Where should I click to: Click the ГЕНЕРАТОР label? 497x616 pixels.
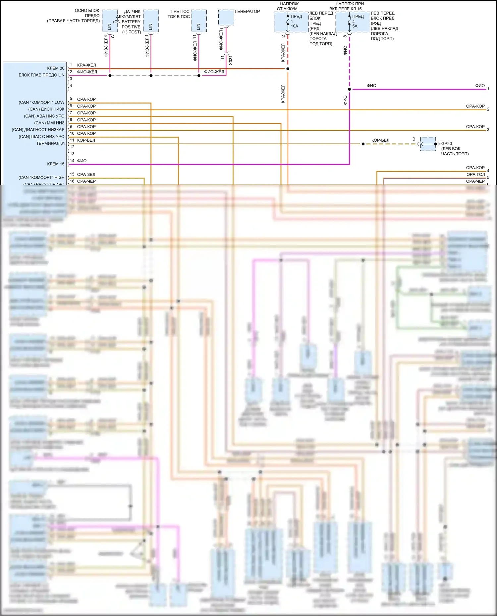click(247, 12)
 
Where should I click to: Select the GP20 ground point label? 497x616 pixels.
click(446, 144)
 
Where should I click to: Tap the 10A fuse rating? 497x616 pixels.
click(295, 26)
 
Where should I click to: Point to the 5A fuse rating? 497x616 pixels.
click(355, 26)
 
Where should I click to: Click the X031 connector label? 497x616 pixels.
click(231, 60)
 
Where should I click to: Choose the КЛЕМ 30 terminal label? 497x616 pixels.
click(56, 69)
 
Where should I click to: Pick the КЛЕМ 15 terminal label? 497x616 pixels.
click(56, 164)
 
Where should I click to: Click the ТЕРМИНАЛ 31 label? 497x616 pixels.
click(50, 143)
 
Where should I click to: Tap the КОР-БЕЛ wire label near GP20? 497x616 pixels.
click(380, 140)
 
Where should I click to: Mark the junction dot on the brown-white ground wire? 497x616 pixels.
click(363, 144)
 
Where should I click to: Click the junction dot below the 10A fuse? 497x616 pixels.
click(288, 69)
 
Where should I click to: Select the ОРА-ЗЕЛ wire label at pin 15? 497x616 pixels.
click(86, 174)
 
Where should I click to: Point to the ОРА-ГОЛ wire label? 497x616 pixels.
click(475, 174)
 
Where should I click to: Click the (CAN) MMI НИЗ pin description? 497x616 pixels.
click(49, 123)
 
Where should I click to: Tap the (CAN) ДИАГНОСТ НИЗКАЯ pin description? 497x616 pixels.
click(38, 130)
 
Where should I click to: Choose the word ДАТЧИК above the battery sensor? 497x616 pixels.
click(132, 12)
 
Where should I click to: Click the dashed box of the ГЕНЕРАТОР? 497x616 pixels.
click(226, 17)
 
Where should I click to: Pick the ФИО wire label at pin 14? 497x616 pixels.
click(82, 161)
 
